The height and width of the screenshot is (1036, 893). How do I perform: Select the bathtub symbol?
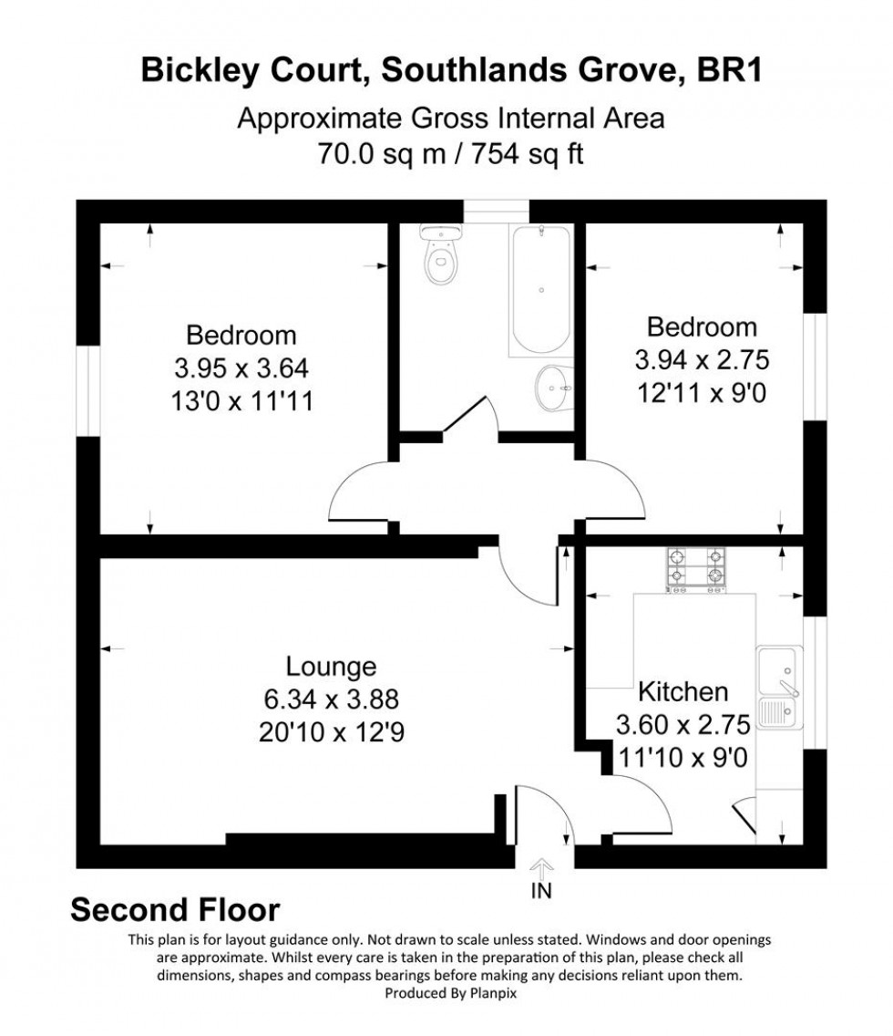[x=540, y=289]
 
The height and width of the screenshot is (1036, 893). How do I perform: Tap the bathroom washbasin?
[x=553, y=388]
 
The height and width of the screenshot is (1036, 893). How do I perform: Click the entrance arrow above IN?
[x=541, y=867]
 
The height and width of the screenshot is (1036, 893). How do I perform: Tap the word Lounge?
[x=331, y=665]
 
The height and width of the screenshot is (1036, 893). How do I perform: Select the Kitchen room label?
[x=683, y=690]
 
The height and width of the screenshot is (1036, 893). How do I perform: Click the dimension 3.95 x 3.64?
[x=241, y=368]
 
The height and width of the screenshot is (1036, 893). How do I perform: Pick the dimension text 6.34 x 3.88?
[x=331, y=699]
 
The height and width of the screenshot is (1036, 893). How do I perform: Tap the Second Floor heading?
[x=175, y=909]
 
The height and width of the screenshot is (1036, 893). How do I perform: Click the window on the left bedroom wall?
[x=87, y=390]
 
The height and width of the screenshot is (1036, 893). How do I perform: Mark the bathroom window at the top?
[x=496, y=211]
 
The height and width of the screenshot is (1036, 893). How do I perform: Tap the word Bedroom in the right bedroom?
[x=702, y=326]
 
